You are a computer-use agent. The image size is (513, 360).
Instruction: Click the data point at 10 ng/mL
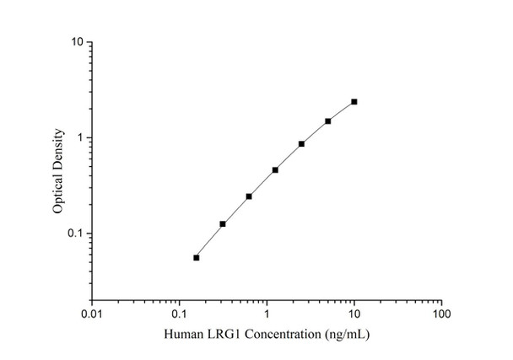354,102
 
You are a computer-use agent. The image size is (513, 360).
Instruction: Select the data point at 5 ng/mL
328,121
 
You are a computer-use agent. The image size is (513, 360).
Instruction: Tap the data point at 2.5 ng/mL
301,144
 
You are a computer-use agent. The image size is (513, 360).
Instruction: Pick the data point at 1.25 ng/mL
275,169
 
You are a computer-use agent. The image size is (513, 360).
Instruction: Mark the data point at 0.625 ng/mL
249,196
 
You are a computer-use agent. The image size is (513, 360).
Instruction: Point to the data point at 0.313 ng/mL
223,224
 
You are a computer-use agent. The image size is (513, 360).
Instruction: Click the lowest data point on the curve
197,258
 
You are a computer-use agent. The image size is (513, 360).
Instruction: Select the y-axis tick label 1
79,137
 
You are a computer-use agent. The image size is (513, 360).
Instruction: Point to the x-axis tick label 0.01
92,314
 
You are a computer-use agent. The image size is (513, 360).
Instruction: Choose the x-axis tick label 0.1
179,314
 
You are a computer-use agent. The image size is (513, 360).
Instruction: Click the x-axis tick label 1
267,314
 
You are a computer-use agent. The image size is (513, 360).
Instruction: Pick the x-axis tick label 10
354,314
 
